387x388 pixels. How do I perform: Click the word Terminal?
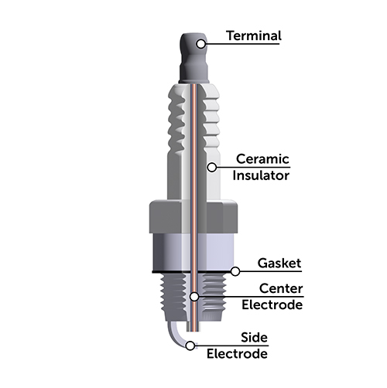pos(254,36)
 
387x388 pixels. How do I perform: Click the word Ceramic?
pos(262,159)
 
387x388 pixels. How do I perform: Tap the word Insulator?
pos(262,175)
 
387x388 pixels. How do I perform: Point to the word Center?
pos(281,289)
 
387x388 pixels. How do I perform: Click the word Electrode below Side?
pos(237,354)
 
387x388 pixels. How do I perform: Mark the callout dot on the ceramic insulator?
pos(210,165)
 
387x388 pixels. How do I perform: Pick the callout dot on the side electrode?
pos(193,345)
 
